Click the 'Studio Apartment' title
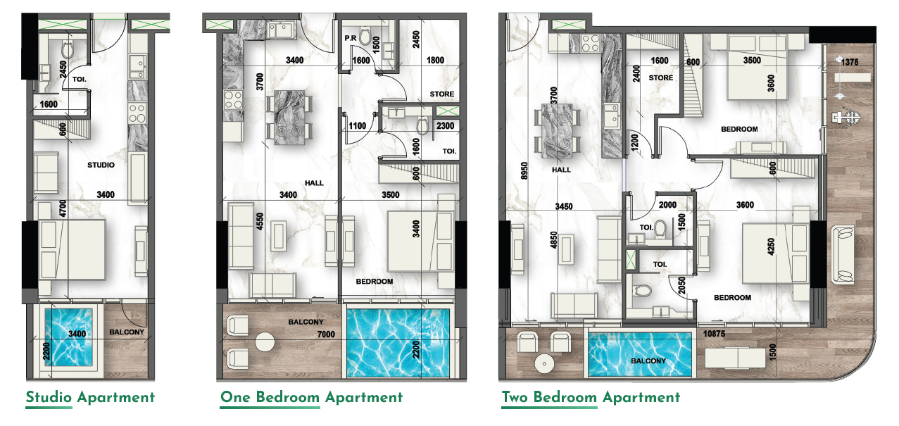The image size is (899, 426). tap(90, 397)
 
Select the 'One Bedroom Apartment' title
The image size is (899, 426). tap(311, 397)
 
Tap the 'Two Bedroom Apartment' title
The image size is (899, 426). tap(590, 397)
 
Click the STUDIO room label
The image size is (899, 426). tap(101, 165)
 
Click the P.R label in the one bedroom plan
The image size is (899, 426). tap(350, 38)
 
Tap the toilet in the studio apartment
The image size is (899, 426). tap(68, 49)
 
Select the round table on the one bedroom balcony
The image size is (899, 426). tap(265, 342)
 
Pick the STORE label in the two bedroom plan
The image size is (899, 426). tap(661, 77)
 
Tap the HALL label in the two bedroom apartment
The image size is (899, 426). tap(561, 169)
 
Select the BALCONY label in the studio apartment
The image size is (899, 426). tap(127, 332)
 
